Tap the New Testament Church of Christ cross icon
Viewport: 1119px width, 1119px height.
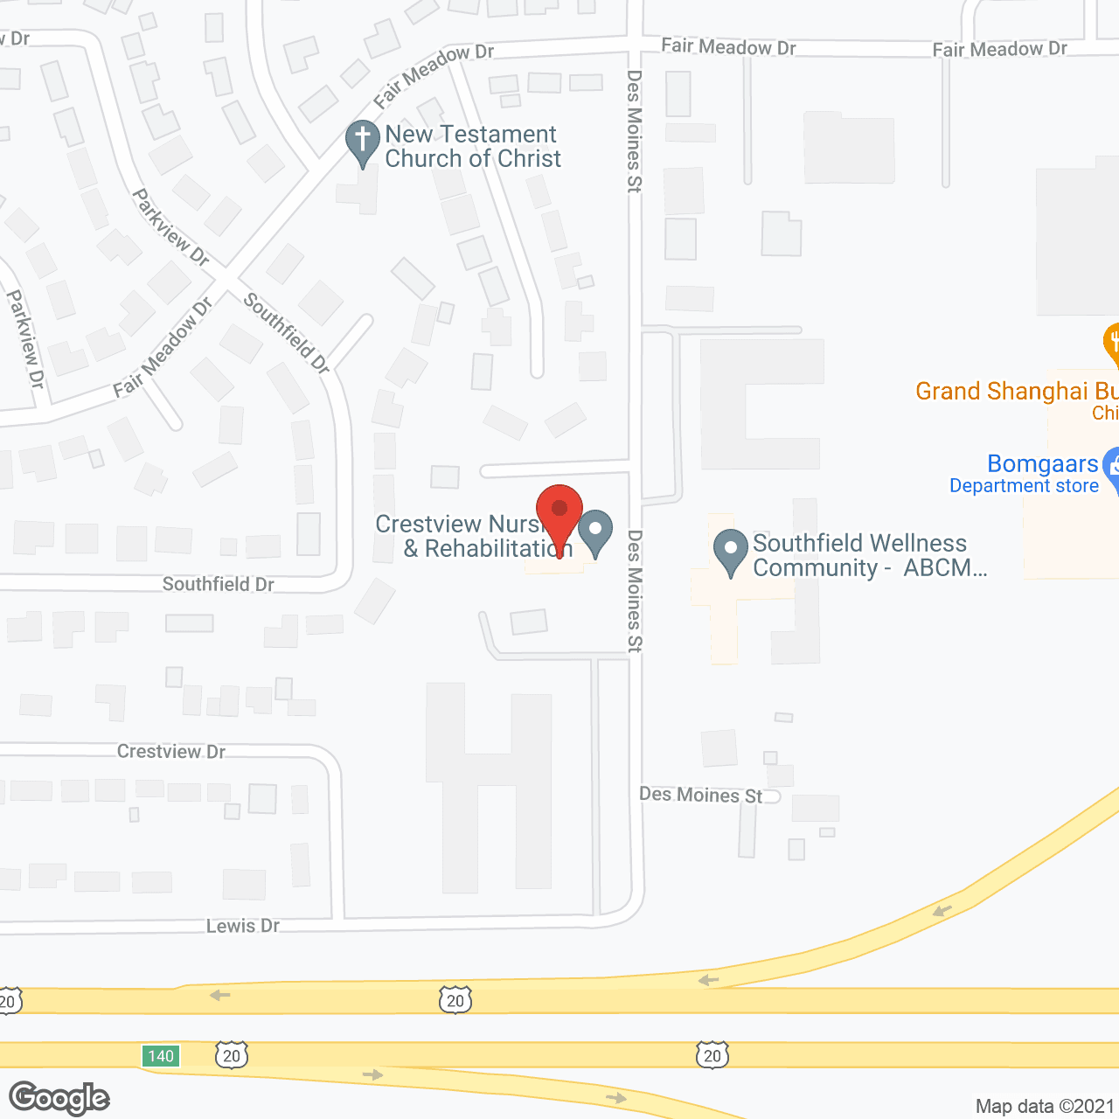[362, 141]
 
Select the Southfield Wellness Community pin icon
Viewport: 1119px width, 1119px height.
[730, 551]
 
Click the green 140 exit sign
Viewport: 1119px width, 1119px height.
[161, 1056]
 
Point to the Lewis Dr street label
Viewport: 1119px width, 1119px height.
[243, 926]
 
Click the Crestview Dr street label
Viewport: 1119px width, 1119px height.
[171, 752]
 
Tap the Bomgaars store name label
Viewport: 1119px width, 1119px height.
[1042, 463]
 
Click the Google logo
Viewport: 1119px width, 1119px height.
[59, 1098]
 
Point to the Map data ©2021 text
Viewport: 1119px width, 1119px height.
[1045, 1106]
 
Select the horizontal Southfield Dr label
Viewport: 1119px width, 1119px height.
[219, 584]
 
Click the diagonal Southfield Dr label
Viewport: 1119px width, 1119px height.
[287, 333]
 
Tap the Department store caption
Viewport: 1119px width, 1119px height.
[1024, 486]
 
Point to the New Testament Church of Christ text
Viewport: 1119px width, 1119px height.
[473, 146]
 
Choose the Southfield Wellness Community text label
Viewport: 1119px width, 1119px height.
[869, 555]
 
